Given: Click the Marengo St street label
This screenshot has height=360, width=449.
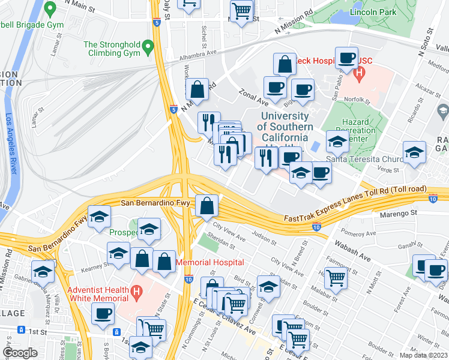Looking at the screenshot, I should click(398, 212).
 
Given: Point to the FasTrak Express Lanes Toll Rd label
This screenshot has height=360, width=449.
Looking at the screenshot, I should click(357, 200).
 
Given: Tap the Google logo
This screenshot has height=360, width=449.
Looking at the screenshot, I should click(20, 352).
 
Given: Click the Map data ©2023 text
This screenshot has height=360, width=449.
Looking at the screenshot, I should click(424, 355).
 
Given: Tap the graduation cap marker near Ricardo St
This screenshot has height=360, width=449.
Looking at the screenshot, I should click(414, 153).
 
